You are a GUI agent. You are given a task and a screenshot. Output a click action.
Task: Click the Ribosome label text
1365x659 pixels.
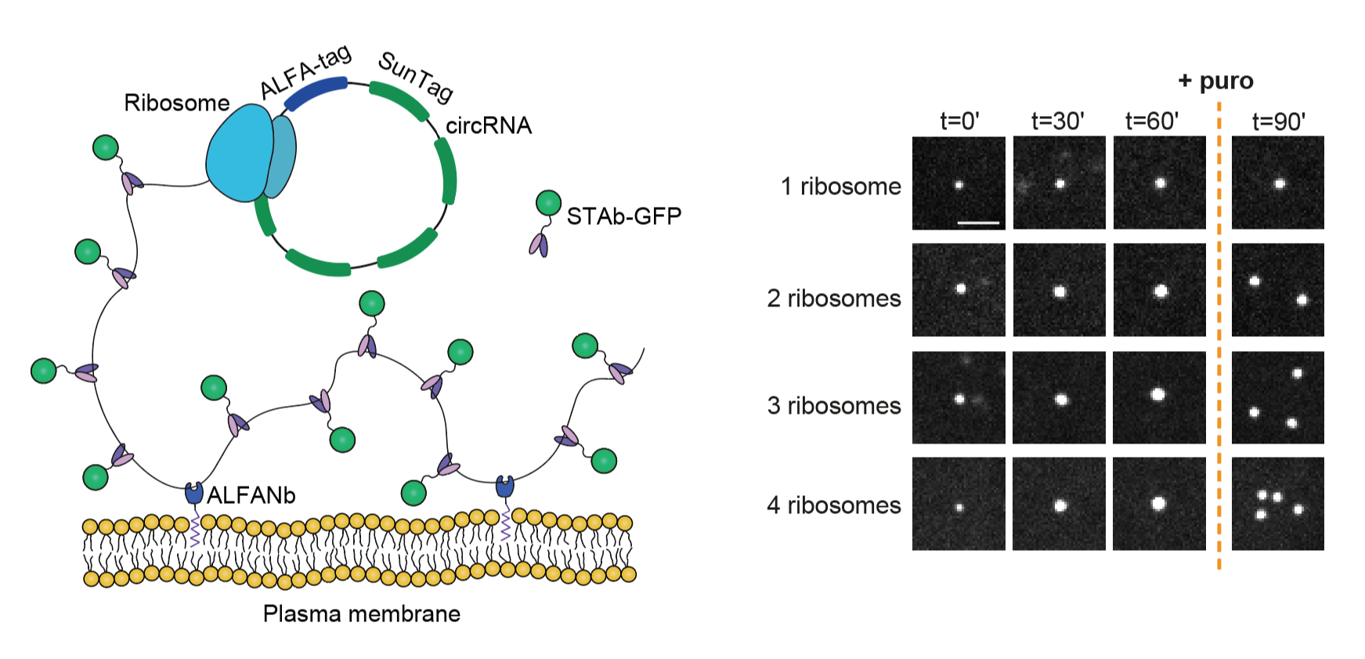click(176, 103)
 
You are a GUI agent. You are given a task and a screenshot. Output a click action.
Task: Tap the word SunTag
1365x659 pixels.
click(416, 76)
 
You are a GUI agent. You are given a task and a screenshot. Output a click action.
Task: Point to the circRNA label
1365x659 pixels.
click(489, 125)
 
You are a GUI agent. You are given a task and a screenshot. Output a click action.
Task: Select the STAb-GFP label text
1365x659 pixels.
click(623, 216)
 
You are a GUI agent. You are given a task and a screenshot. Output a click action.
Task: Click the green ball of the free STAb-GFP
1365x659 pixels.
click(548, 203)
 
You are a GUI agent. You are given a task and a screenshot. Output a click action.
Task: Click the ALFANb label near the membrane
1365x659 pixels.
click(251, 495)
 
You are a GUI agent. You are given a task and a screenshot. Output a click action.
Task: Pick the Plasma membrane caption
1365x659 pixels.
click(361, 614)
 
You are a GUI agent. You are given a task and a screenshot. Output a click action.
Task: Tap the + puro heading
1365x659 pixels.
click(1215, 81)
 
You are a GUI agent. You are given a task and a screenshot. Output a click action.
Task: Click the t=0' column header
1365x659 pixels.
click(959, 121)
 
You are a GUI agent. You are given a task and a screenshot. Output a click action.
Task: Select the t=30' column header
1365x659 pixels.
click(1057, 121)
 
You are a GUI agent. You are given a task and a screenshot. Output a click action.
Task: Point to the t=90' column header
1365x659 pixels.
click(1278, 121)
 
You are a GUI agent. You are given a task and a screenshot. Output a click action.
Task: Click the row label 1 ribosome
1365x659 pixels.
click(840, 186)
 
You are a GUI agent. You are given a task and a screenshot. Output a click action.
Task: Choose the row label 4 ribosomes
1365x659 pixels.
click(833, 505)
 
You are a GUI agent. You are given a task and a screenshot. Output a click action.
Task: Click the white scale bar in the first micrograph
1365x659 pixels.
click(978, 223)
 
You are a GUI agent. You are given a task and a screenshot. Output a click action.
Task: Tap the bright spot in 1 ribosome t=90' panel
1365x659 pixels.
click(1280, 184)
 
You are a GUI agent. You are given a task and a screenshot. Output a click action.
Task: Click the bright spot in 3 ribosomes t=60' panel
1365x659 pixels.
click(1157, 394)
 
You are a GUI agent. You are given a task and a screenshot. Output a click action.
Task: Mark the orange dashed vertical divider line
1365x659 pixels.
click(1219, 345)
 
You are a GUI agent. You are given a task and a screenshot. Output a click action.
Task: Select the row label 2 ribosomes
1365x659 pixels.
click(833, 299)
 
